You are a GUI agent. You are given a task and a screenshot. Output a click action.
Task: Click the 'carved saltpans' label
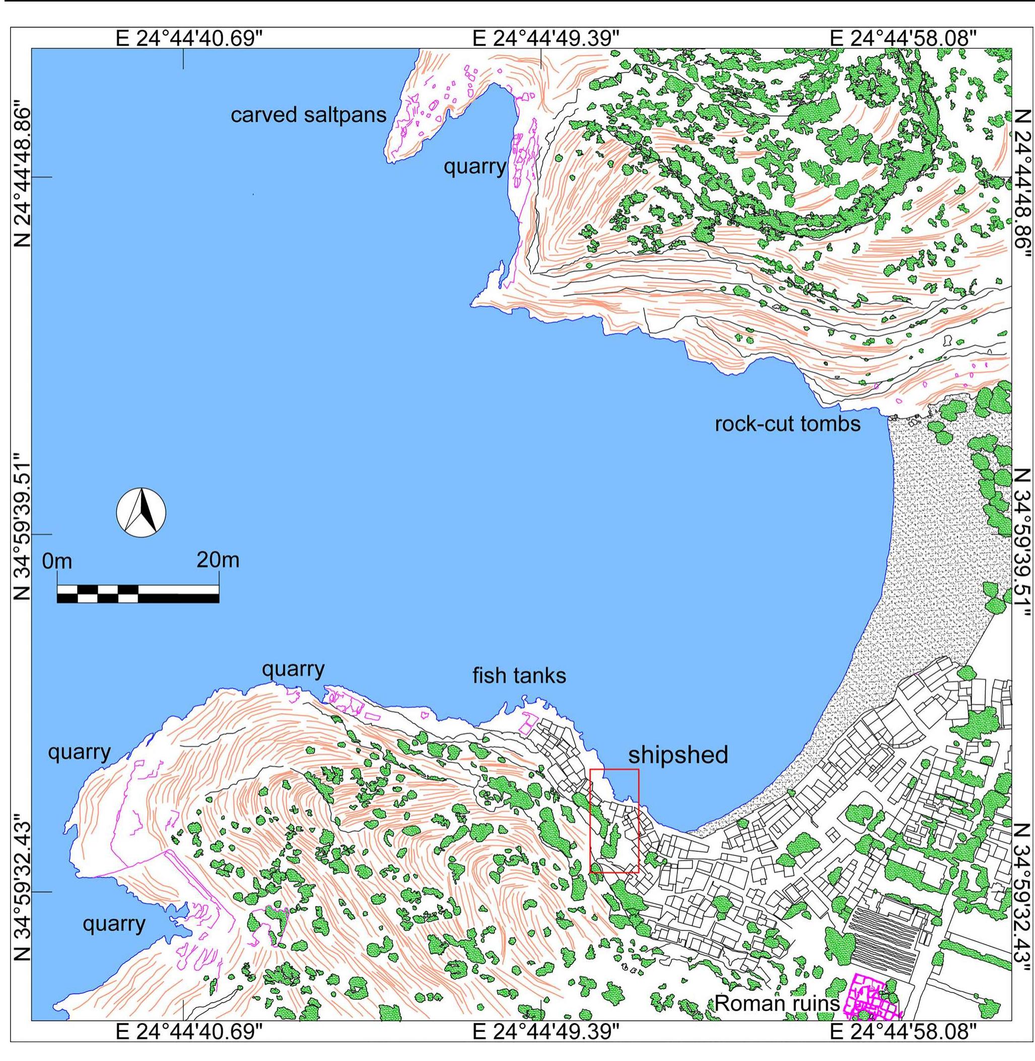coord(308,115)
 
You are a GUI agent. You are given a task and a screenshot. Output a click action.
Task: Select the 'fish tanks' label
coord(519,676)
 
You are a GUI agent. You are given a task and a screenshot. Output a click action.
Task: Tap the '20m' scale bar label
coord(218,560)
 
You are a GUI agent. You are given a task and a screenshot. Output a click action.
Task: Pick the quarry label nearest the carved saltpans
coord(474,166)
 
